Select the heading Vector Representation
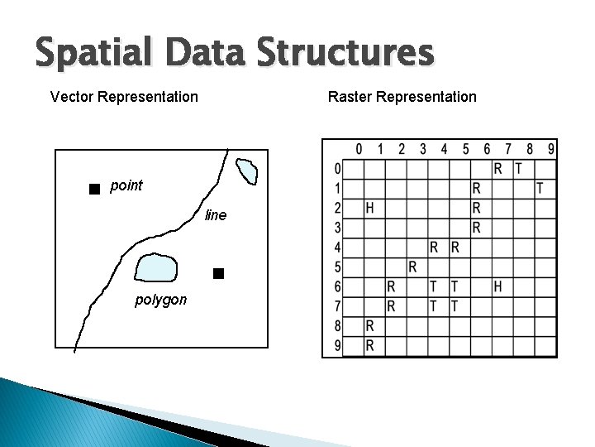click(x=124, y=97)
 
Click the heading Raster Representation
click(x=402, y=97)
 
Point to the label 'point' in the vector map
click(x=126, y=185)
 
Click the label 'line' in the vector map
click(x=215, y=215)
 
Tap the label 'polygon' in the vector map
click(x=161, y=300)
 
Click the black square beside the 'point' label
click(x=94, y=189)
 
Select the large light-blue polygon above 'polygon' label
click(x=156, y=267)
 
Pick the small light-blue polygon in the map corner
click(x=247, y=171)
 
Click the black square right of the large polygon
click(x=218, y=272)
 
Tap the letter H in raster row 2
click(x=369, y=207)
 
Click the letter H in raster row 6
click(x=497, y=286)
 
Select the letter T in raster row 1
click(x=540, y=188)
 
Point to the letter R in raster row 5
click(x=412, y=267)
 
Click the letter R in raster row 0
click(x=497, y=168)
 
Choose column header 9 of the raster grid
click(x=550, y=149)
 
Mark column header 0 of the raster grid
click(x=359, y=149)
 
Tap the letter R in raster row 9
click(x=369, y=345)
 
